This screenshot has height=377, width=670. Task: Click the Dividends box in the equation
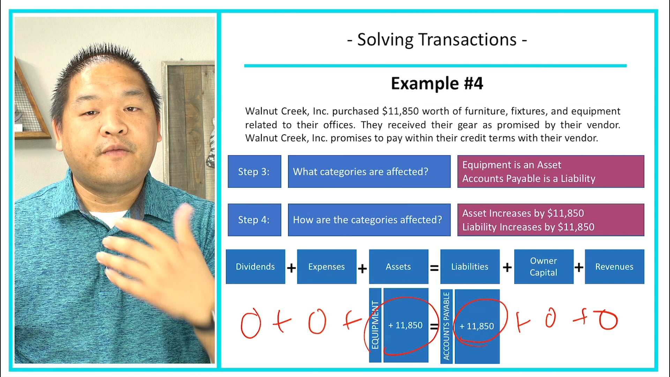(255, 267)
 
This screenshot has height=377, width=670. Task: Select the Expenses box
(326, 267)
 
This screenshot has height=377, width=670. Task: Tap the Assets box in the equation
(398, 267)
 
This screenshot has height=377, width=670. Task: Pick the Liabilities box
(470, 267)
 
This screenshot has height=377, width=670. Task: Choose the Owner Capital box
(543, 267)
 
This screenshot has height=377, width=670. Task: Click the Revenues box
(614, 267)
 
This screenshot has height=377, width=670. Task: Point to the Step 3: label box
(254, 172)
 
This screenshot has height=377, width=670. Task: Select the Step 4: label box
(254, 220)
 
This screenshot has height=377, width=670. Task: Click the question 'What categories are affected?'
(360, 172)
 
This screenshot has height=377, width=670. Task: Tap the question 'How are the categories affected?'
(367, 220)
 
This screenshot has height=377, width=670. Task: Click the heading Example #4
(437, 83)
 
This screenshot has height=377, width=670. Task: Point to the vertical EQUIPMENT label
(375, 325)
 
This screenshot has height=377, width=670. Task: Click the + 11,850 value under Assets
(405, 325)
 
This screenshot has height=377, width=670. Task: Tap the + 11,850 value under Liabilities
(477, 326)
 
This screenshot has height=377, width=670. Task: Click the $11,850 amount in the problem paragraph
(400, 111)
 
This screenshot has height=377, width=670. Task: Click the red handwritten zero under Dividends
(251, 323)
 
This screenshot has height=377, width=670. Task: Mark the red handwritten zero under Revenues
(608, 320)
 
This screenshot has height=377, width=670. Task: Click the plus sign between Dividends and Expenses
(291, 268)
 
